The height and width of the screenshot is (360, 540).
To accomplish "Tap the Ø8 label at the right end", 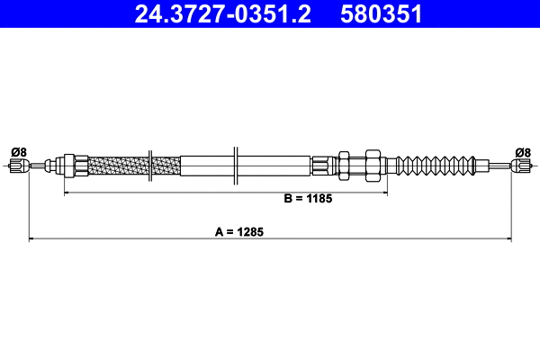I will pyautogui.click(x=523, y=151).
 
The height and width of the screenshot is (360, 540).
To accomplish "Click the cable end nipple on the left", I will pyautogui.click(x=16, y=166).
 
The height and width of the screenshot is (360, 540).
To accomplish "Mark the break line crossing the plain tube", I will pyautogui.click(x=235, y=166).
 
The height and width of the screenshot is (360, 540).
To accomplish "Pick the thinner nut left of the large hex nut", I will pyautogui.click(x=343, y=166).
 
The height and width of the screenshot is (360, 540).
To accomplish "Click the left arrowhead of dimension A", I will pyautogui.click(x=33, y=239).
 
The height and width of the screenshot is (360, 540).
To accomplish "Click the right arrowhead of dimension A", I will pyautogui.click(x=508, y=239).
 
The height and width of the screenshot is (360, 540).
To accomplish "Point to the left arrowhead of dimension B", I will pyautogui.click(x=67, y=193).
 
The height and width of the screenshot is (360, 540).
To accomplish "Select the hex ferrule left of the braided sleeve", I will pyautogui.click(x=66, y=166).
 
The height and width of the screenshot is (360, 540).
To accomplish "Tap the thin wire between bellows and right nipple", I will pyautogui.click(x=493, y=166).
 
